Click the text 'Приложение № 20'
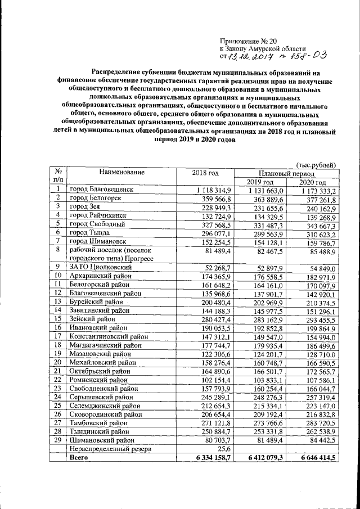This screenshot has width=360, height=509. coord(247,41)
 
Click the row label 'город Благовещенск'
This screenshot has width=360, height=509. coord(101,190)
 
